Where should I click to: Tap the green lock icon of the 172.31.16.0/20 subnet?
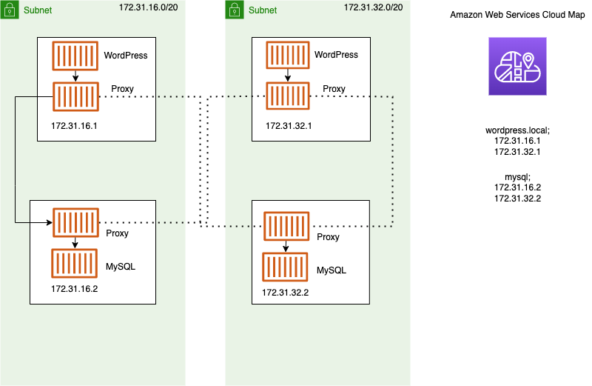pyautogui.click(x=10, y=10)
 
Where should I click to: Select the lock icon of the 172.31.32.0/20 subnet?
pyautogui.click(x=235, y=10)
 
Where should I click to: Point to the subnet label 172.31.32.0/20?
pyautogui.click(x=374, y=7)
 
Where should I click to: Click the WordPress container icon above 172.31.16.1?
pyautogui.click(x=75, y=56)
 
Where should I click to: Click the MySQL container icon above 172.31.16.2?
pyautogui.click(x=75, y=264)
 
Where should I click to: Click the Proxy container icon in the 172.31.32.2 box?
pyautogui.click(x=286, y=226)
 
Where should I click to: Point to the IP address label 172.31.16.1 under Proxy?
pyautogui.click(x=74, y=126)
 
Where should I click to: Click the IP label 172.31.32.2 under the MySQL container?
pyautogui.click(x=285, y=293)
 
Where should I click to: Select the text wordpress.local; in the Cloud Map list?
pyautogui.click(x=517, y=130)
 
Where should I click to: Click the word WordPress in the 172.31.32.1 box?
pyautogui.click(x=336, y=55)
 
